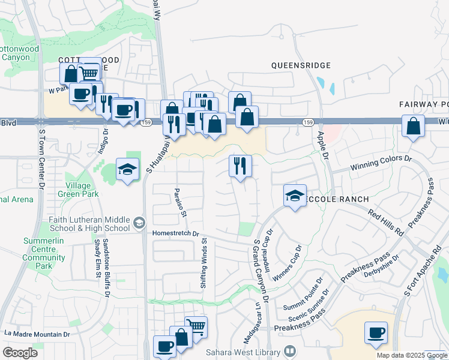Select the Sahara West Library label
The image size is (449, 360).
(244, 351)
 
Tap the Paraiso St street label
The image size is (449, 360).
(178, 202)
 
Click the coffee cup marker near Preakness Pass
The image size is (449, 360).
(376, 332)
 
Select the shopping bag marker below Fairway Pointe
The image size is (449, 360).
(414, 127)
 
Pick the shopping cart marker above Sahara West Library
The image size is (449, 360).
(196, 327)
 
